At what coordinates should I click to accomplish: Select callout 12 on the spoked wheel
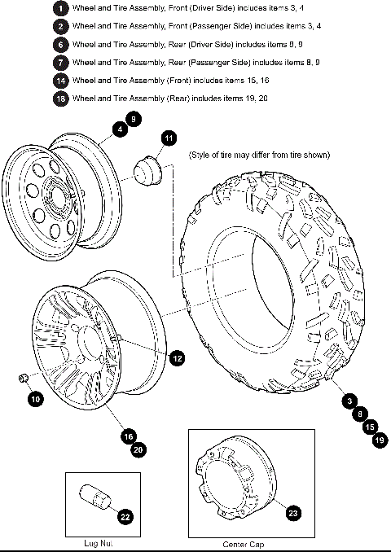(177, 356)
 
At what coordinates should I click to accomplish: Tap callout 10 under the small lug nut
(35, 399)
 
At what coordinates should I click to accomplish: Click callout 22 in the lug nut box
(125, 515)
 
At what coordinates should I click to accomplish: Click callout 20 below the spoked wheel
(138, 449)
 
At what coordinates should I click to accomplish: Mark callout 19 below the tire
(379, 440)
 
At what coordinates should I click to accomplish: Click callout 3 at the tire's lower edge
(349, 401)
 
